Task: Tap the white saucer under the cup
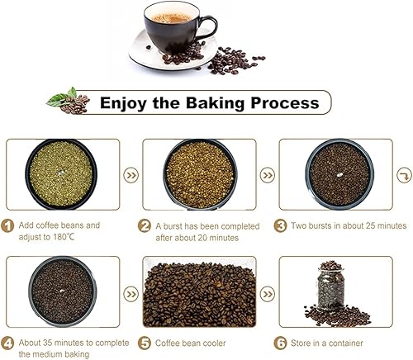(143, 55)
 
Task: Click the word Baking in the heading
(215, 102)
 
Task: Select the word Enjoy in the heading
(123, 103)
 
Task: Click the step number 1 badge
(7, 226)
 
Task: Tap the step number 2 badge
(145, 226)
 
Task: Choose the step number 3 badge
(281, 226)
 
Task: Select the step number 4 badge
(7, 343)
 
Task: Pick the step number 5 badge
(145, 343)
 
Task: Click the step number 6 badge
(281, 343)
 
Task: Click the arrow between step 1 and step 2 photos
(131, 175)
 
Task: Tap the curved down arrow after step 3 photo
(404, 175)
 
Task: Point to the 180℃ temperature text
(64, 237)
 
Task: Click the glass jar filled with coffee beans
(330, 286)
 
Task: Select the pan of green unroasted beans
(61, 174)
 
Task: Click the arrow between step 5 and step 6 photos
(268, 294)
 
